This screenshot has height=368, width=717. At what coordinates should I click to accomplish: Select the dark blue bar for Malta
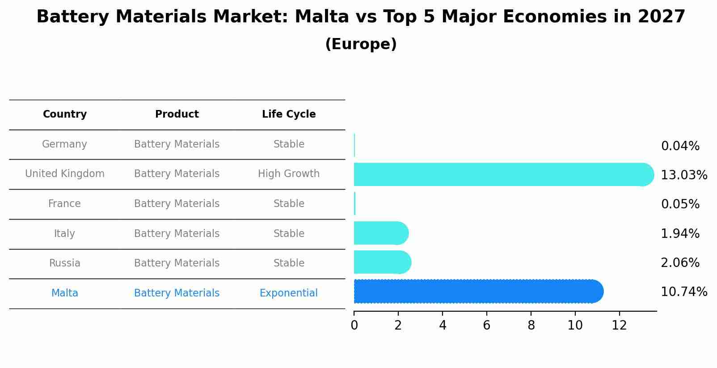pyautogui.click(x=478, y=292)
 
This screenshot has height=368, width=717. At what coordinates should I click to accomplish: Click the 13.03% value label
pyautogui.click(x=684, y=175)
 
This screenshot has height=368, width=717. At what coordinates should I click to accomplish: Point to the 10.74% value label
pyautogui.click(x=684, y=292)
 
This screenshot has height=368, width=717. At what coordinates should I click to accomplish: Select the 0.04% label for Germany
pyautogui.click(x=680, y=146)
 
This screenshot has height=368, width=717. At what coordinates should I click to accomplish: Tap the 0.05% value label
pyautogui.click(x=680, y=204)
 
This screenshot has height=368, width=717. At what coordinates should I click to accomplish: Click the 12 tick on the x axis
pyautogui.click(x=619, y=326)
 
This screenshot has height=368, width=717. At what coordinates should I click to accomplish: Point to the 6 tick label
pyautogui.click(x=487, y=326)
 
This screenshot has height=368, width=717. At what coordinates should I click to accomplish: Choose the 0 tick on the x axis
pyautogui.click(x=354, y=326)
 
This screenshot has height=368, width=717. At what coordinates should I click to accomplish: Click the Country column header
pyautogui.click(x=65, y=114)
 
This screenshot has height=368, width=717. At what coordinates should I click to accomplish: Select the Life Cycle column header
pyautogui.click(x=289, y=114)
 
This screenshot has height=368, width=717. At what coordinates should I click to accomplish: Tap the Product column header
pyautogui.click(x=177, y=114)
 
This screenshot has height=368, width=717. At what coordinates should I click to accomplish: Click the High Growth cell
pyautogui.click(x=289, y=174)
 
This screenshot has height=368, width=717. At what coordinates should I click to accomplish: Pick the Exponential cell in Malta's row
pyautogui.click(x=289, y=293)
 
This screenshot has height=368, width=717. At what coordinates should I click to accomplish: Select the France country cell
pyautogui.click(x=65, y=204)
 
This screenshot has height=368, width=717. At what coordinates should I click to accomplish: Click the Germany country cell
pyautogui.click(x=65, y=144)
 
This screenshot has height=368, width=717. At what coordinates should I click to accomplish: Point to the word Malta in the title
pyautogui.click(x=322, y=17)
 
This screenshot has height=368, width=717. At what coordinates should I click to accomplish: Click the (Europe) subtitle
pyautogui.click(x=361, y=44)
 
